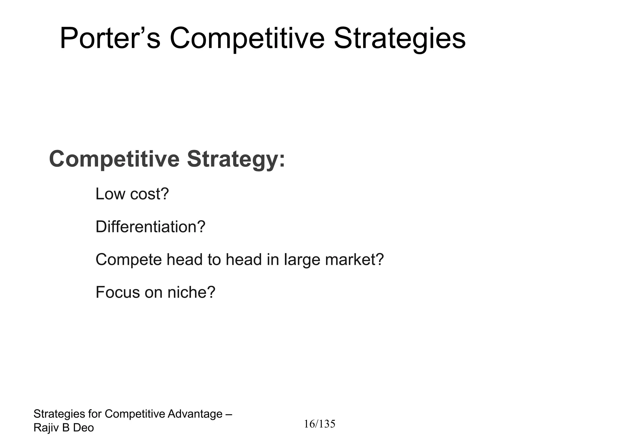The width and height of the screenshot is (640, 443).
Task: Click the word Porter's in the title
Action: (110, 38)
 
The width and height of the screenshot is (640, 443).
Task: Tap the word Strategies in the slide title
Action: (400, 38)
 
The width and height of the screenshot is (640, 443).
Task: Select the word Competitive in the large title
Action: (247, 38)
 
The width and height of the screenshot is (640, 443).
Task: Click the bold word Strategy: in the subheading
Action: (236, 159)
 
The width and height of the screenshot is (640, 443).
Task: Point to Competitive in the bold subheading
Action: (114, 159)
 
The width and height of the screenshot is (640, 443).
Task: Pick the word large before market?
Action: (302, 260)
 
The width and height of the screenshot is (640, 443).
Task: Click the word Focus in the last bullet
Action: (117, 292)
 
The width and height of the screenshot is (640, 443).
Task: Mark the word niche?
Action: (191, 292)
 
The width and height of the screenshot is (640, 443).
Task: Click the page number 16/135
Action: (320, 424)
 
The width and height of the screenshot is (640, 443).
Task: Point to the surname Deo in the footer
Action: (83, 428)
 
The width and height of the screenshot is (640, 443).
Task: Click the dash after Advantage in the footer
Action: (228, 414)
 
